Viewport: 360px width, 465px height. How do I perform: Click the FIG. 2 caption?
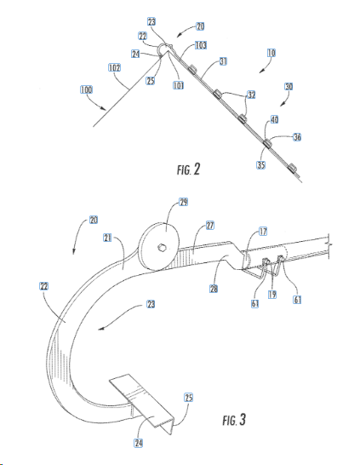coord(189,169)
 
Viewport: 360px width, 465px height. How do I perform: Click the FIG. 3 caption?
coord(234,420)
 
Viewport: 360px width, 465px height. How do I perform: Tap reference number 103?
coord(201,45)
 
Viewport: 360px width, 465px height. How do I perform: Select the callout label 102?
coord(114,68)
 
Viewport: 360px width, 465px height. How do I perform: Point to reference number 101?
coord(179,85)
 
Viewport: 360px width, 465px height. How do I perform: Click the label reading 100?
coord(86,89)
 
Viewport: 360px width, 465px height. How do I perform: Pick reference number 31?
coord(223,61)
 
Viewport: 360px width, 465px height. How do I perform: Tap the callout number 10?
coord(271,53)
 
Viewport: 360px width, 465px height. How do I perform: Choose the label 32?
coord(251,95)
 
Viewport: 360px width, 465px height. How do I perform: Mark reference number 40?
coord(274,120)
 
